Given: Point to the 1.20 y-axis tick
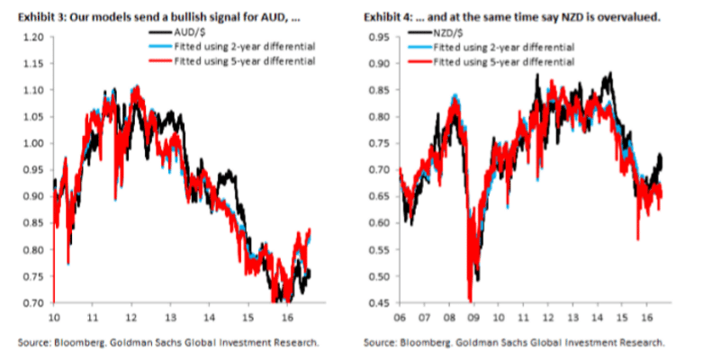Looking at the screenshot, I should point(33,37).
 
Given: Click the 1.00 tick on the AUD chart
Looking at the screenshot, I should point(33,143).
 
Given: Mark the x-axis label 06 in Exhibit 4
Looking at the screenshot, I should point(400,319).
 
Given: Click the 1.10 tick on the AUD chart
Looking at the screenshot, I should point(33,90).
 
